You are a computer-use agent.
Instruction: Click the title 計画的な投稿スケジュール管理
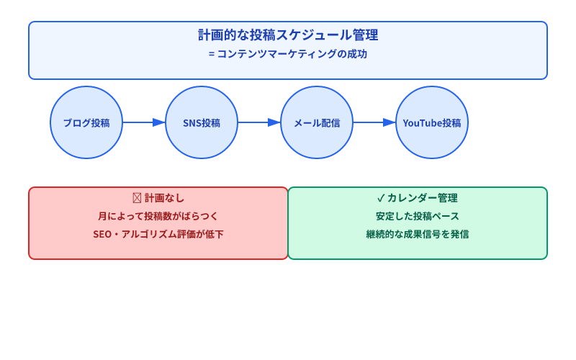pos(288,35)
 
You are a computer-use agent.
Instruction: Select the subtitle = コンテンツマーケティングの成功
pos(288,54)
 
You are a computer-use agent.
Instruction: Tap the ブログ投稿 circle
pos(86,122)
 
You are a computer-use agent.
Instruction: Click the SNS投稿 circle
pos(202,122)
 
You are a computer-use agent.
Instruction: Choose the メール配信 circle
pos(317,122)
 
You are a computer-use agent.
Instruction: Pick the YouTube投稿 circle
pos(432,122)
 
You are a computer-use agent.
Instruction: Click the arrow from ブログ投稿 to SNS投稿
pos(144,122)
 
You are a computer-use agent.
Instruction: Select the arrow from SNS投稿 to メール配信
pos(259,122)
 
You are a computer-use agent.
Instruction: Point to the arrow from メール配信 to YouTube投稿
pos(374,122)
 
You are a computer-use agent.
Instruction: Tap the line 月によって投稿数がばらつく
pos(158,216)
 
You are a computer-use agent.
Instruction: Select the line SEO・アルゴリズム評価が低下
pos(158,234)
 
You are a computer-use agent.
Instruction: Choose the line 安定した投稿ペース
pos(418,216)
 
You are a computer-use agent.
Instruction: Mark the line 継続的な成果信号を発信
pos(418,234)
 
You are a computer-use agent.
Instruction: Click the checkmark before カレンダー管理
pos(381,198)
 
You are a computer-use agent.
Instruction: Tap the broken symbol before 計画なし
pos(136,198)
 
